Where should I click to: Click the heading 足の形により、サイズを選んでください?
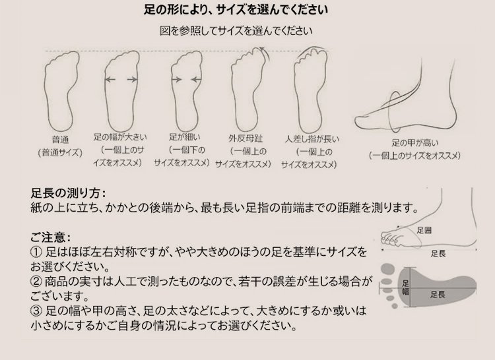pos(236,10)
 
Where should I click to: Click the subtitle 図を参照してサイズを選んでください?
pos(236,31)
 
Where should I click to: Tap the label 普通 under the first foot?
pos(60,140)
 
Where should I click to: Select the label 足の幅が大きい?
pos(120,137)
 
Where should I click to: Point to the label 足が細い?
pos(185,137)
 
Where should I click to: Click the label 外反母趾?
pos(246,138)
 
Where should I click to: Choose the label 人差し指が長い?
pos(312,139)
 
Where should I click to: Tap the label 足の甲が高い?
pos(415,143)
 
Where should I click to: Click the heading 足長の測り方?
pos(68,193)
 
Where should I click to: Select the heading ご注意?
pos(51,237)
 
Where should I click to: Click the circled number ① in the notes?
pos(36,252)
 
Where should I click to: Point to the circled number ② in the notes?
pos(36,281)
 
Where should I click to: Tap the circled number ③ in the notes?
pos(36,311)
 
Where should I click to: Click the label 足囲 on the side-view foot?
pos(424,230)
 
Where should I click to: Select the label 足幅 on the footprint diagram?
pos(406,287)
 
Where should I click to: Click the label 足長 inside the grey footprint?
pos(438,295)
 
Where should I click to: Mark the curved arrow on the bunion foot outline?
pos(263,53)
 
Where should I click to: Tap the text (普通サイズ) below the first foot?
pos(60,153)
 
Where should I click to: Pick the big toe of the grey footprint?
pos(388,270)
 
